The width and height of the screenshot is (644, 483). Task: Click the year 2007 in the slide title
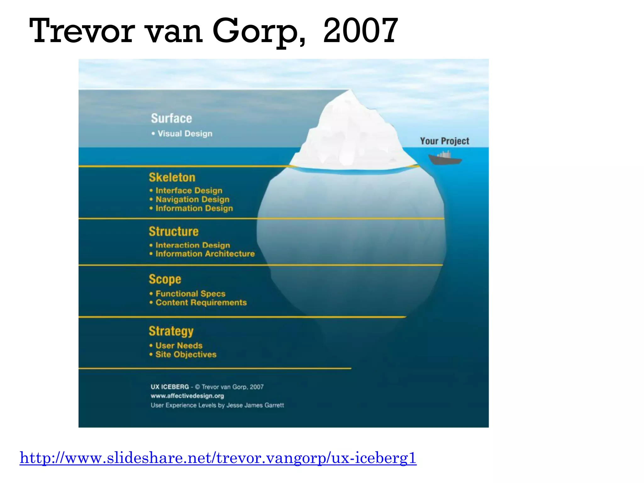pos(360,31)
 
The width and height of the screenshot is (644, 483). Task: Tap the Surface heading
pos(171,119)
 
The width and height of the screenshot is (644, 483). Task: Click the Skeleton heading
pos(172,177)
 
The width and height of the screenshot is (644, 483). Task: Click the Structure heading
pos(174,231)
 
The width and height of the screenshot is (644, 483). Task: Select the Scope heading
pos(165,279)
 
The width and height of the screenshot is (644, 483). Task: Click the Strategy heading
pos(171,331)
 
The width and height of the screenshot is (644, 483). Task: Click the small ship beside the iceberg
pos(445,158)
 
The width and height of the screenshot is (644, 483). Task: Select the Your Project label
pos(444,141)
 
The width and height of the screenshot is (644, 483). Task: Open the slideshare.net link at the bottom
pos(218,458)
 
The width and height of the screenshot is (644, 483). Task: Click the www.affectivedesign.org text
pos(187,396)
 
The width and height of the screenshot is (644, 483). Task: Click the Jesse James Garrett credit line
pos(217,405)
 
